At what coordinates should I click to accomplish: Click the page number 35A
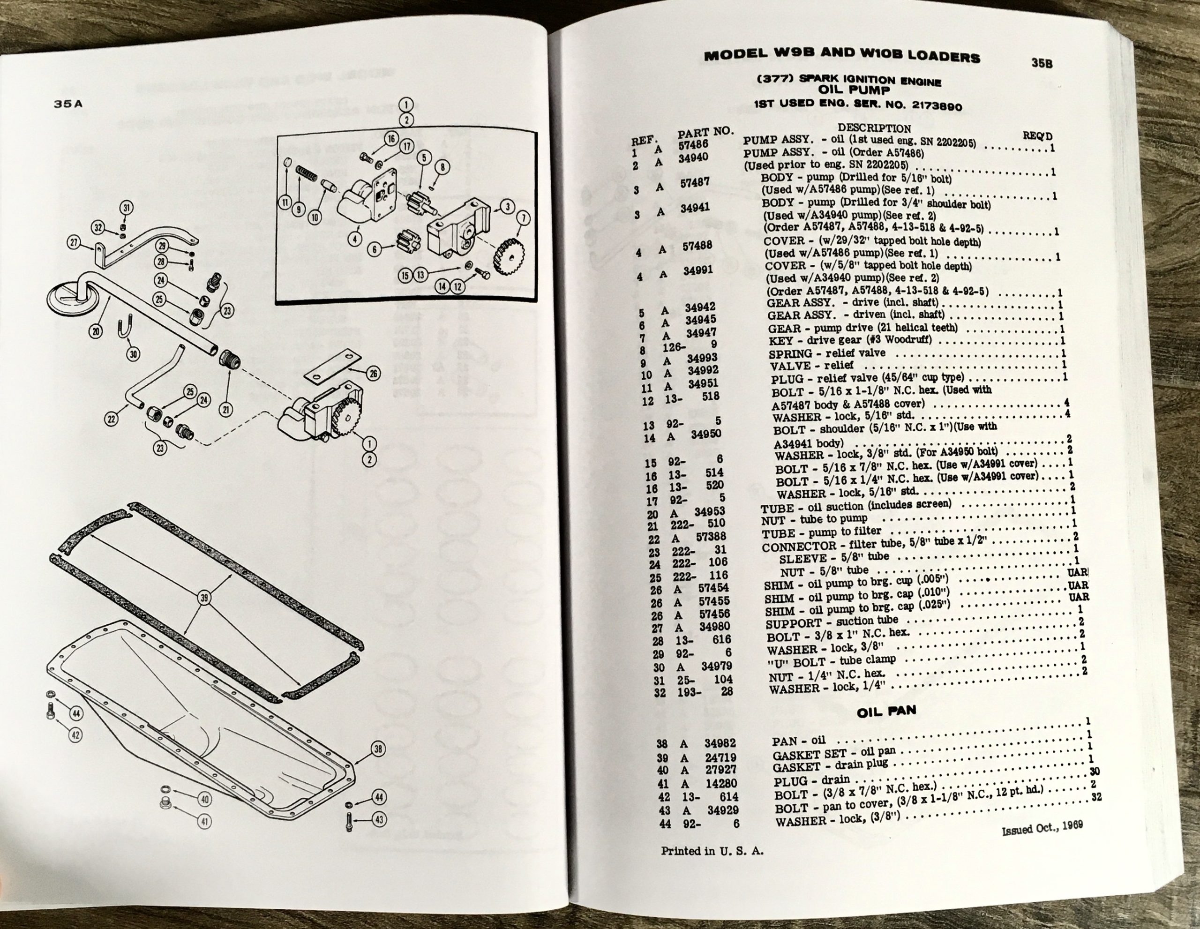tap(68, 104)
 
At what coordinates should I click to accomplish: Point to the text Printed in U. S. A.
tap(712, 851)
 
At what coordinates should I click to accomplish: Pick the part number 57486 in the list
tap(694, 144)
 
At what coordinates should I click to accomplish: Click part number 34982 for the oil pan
tap(720, 743)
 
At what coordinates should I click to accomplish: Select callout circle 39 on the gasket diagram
tap(204, 597)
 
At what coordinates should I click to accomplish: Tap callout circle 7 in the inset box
tap(523, 218)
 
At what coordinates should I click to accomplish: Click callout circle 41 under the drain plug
tap(204, 821)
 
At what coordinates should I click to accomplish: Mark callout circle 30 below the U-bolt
tap(134, 354)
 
